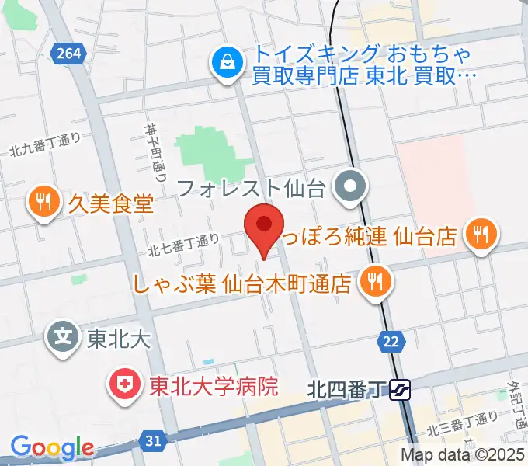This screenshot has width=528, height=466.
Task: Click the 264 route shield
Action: click(68, 53)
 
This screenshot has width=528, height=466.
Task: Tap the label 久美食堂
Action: click(109, 203)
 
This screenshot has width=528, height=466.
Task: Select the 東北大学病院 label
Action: click(214, 385)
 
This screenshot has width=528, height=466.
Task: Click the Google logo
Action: click(52, 447)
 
